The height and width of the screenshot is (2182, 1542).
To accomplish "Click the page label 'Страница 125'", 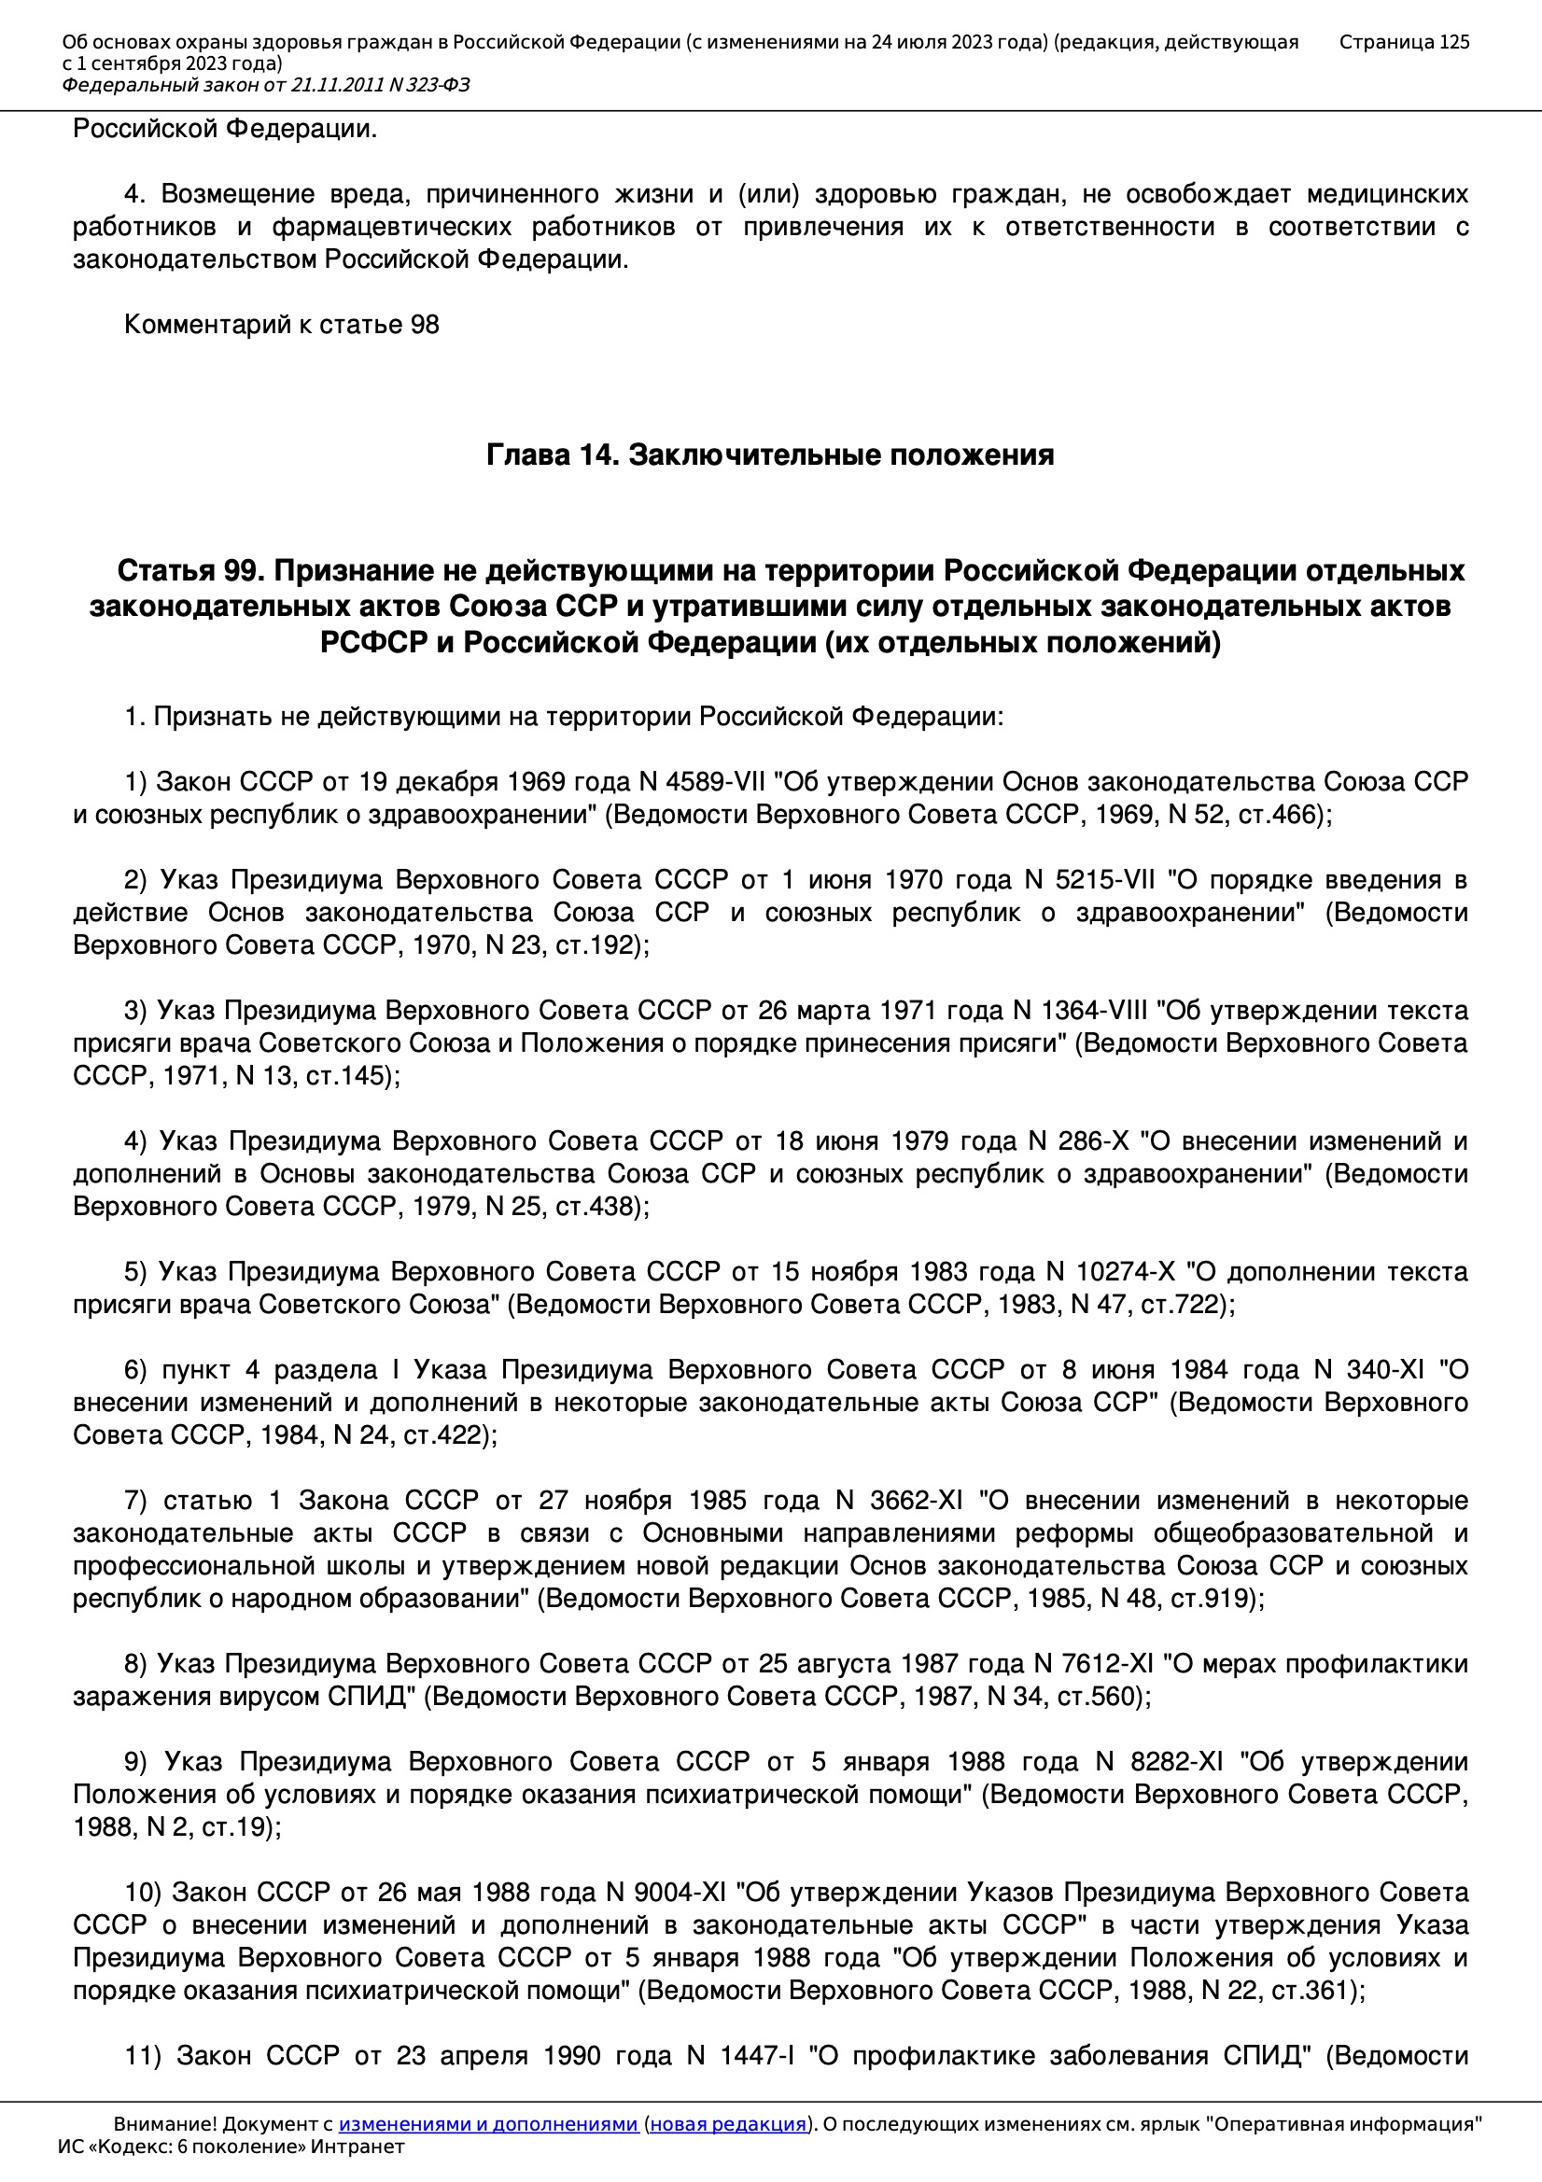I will click(x=1403, y=42).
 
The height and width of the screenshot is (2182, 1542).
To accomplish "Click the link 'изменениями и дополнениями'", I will click(x=487, y=2124).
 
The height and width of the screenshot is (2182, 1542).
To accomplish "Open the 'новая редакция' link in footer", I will click(x=727, y=2124).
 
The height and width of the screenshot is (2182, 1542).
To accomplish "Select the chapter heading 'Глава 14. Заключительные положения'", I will click(x=770, y=455).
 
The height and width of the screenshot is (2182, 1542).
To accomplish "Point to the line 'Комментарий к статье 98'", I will click(x=281, y=325).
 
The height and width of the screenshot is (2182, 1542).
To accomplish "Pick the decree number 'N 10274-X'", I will click(x=1111, y=1271).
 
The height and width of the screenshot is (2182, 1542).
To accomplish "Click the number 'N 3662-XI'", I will click(x=898, y=1501).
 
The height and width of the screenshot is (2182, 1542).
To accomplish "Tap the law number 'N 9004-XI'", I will click(x=666, y=1892).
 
